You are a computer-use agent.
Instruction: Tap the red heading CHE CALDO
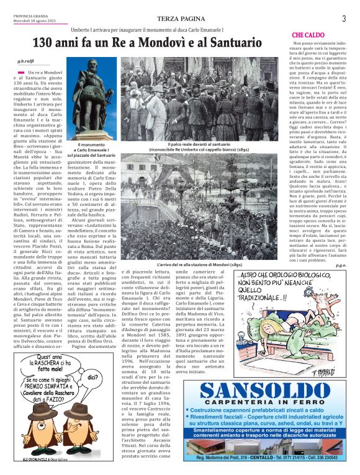click(x=308, y=34)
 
